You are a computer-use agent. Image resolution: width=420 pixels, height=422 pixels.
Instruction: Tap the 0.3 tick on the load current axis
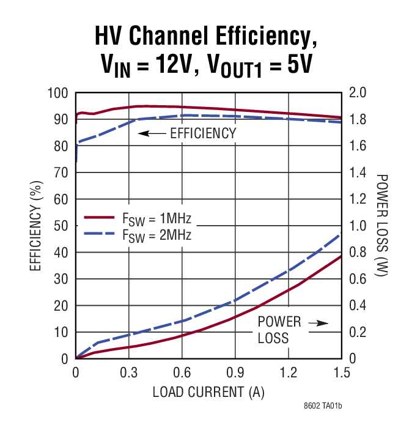(128, 372)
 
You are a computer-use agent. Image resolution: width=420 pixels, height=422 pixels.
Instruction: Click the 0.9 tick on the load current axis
(235, 372)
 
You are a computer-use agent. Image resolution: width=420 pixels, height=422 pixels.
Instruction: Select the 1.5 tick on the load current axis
(341, 372)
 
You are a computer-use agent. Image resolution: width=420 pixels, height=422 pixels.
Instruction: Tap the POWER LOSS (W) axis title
(383, 226)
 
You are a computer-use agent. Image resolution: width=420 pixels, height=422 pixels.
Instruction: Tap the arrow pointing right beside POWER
(319, 322)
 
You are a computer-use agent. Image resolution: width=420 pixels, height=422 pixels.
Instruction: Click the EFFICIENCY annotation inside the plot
(203, 133)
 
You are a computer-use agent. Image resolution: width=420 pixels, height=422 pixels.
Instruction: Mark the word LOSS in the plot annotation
(273, 338)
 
